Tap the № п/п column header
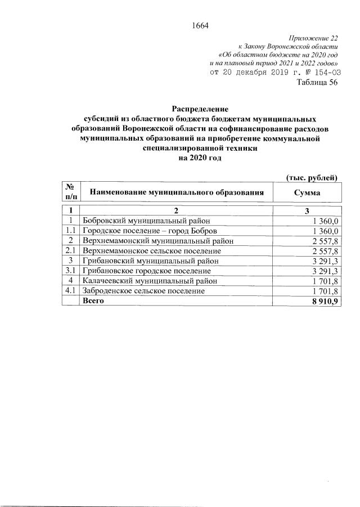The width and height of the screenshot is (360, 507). pyautogui.click(x=71, y=192)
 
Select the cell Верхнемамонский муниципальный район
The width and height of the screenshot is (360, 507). pyautogui.click(x=149, y=241)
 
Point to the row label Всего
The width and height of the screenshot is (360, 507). pyautogui.click(x=93, y=301)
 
